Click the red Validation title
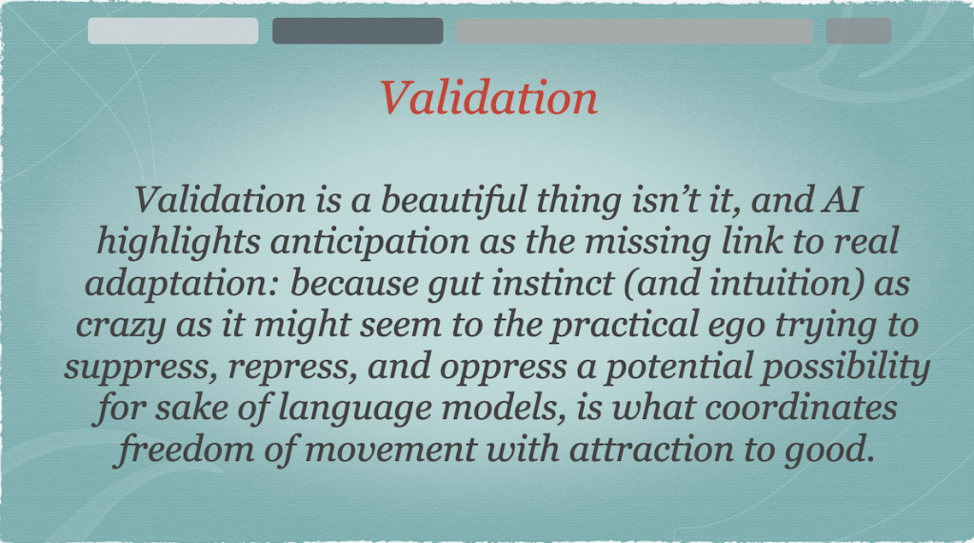tap(488, 98)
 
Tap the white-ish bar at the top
tap(172, 30)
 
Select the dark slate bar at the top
tap(358, 30)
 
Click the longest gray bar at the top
tap(634, 30)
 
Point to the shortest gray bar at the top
tap(859, 30)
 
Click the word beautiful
tap(453, 200)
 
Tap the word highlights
tap(179, 242)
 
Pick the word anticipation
tap(370, 242)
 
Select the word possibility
tap(846, 367)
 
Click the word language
tap(354, 408)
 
